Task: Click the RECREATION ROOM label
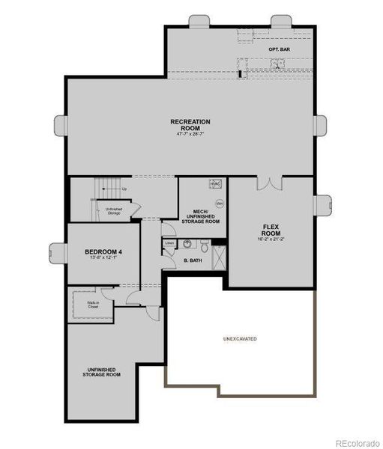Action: click(190, 124)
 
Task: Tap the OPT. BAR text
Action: click(279, 49)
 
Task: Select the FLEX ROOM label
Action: click(271, 230)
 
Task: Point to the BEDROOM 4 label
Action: click(103, 251)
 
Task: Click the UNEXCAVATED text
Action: click(240, 339)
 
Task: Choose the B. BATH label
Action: click(193, 260)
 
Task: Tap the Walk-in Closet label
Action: click(93, 305)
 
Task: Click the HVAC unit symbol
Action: click(215, 183)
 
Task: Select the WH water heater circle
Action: click(220, 203)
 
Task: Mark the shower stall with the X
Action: click(218, 257)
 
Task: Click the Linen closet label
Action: click(169, 243)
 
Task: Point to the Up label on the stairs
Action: click(124, 188)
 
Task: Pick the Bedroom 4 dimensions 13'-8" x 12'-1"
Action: click(105, 258)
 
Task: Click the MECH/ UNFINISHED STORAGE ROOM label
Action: click(201, 216)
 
